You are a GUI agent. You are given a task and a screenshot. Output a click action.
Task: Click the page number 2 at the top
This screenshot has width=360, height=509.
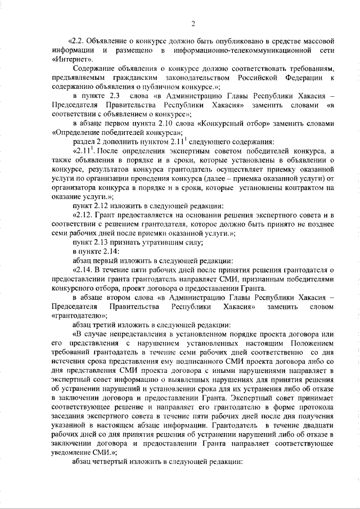[192, 23]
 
